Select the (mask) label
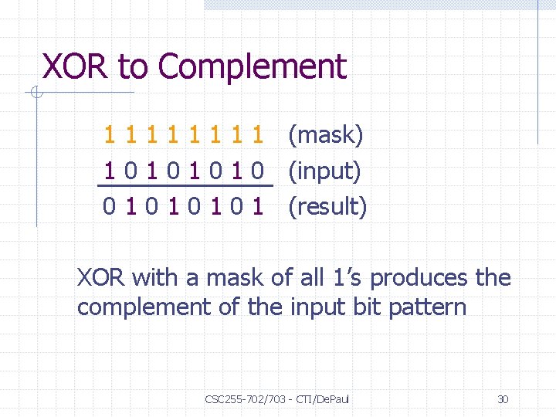(x=325, y=136)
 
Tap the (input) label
(x=324, y=171)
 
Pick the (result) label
(x=327, y=206)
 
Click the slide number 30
(x=503, y=399)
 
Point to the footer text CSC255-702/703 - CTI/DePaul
(x=277, y=399)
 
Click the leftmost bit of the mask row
(x=110, y=136)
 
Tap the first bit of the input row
(x=110, y=171)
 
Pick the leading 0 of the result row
(x=110, y=206)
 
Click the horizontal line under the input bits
(x=185, y=186)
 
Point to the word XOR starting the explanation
(x=101, y=277)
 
